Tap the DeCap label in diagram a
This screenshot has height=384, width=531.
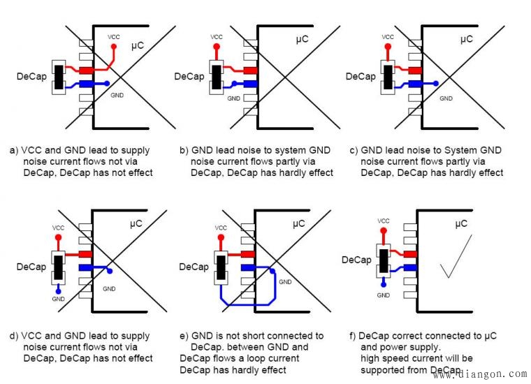tap(31, 76)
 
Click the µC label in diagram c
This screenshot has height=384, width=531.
tap(465, 40)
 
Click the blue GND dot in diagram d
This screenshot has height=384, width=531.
tap(59, 290)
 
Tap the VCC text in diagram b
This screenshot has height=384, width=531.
tap(217, 36)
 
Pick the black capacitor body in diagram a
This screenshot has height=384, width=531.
tap(59, 77)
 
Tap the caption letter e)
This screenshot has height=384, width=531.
tap(184, 336)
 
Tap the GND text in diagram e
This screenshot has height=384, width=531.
tap(285, 281)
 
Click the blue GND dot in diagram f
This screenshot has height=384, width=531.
tap(384, 285)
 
